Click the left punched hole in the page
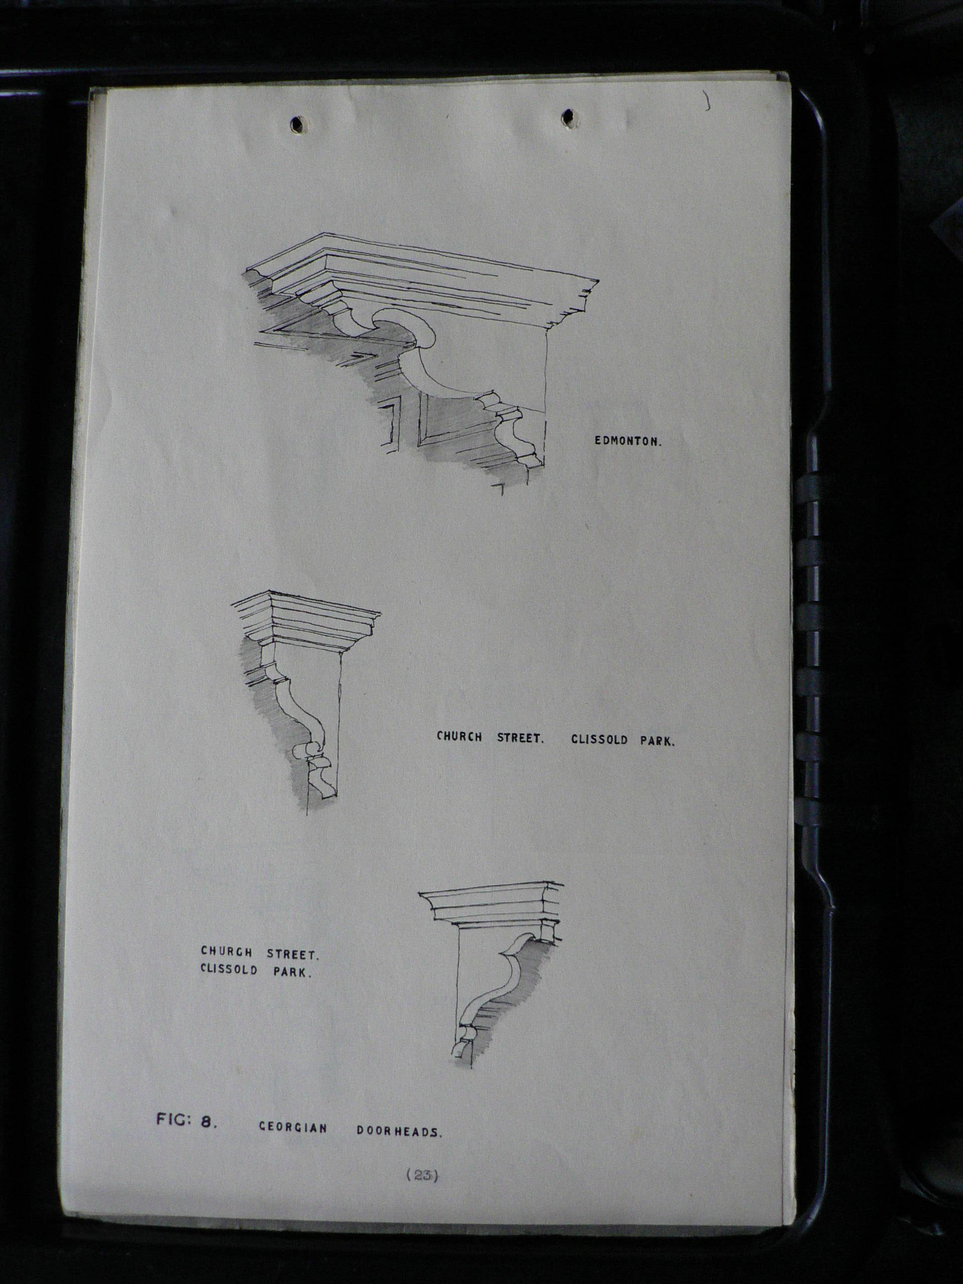(x=299, y=124)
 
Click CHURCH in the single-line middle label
(x=460, y=737)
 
